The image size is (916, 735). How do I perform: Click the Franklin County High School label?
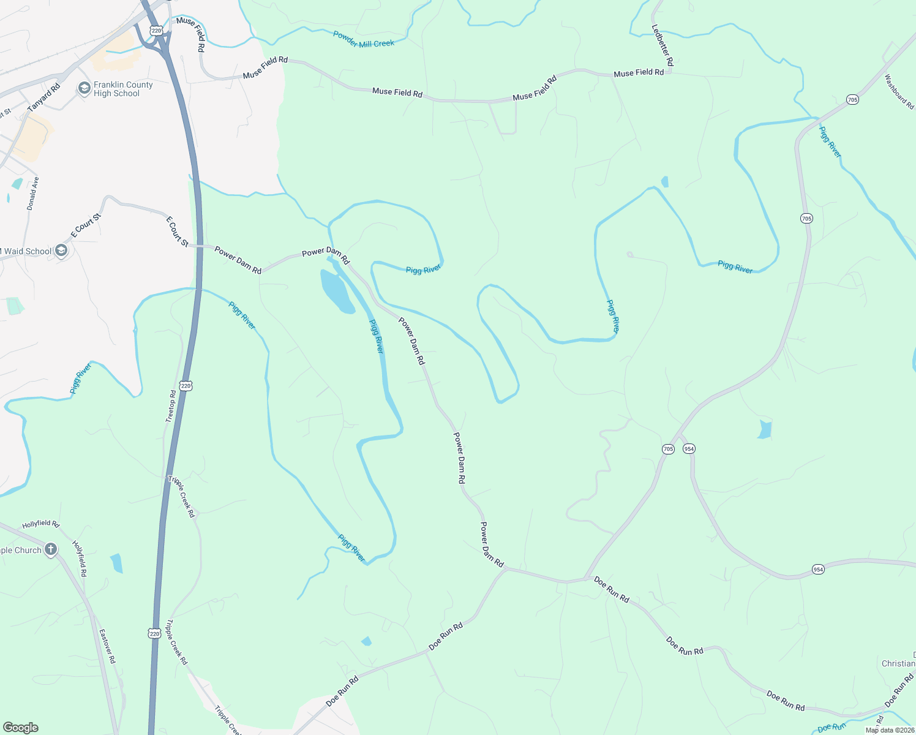[x=123, y=89]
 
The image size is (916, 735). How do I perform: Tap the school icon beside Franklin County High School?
[x=84, y=89]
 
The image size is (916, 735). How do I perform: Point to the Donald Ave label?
[x=32, y=194]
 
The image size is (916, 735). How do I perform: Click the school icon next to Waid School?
[x=61, y=251]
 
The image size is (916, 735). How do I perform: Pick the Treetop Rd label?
[x=171, y=406]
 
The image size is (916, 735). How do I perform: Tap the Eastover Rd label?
[x=107, y=646]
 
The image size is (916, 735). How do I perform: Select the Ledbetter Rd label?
[x=663, y=45]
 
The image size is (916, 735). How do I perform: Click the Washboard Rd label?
[x=899, y=91]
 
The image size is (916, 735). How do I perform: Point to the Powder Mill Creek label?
[x=364, y=39]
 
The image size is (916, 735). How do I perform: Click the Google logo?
[x=20, y=728]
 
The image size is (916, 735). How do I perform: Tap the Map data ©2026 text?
[x=889, y=730]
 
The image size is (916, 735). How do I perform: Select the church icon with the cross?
[x=51, y=549]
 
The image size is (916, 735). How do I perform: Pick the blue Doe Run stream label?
[x=832, y=727]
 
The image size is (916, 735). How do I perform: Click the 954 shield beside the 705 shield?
[x=689, y=449]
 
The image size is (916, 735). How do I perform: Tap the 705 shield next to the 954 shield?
[x=668, y=449]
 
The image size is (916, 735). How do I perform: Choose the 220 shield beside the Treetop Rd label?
[x=186, y=385]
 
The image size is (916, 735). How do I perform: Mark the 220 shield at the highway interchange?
[x=156, y=31]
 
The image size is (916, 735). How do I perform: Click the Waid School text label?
[x=28, y=251]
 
